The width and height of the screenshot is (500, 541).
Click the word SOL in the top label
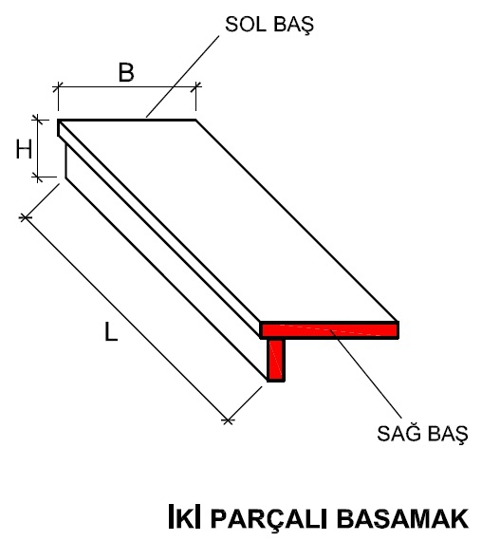point(247,24)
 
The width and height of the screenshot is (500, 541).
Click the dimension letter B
point(126,72)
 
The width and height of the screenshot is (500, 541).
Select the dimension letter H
point(24,149)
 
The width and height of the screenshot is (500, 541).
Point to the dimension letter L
point(111,331)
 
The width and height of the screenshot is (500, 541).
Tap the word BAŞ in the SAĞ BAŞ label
point(447,434)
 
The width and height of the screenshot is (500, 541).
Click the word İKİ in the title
point(184,516)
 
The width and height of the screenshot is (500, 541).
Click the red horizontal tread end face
point(329,330)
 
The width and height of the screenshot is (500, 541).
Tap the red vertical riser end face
point(276,360)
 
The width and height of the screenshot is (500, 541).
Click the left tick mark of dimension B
point(58,87)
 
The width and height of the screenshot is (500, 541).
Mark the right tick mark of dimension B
point(195,87)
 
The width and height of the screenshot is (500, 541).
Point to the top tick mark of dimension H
point(38,120)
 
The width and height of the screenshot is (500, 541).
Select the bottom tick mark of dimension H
point(38,177)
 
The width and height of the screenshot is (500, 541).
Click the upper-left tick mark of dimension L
point(25,217)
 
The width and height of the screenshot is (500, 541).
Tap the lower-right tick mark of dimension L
point(228,420)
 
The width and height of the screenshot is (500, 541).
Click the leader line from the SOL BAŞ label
point(183,76)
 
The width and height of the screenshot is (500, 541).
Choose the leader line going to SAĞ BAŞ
point(366,375)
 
